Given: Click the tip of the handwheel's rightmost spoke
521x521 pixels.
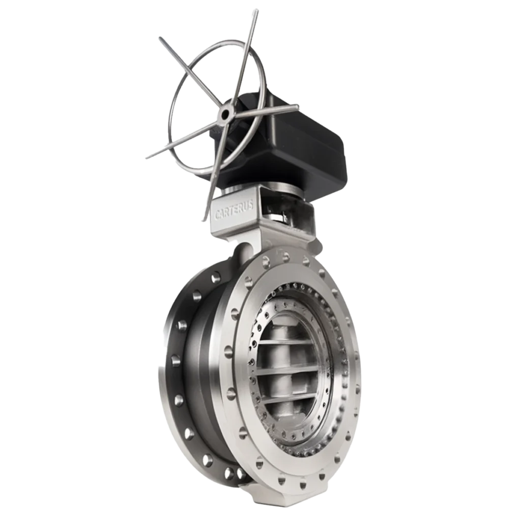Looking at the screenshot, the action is pyautogui.click(x=297, y=106).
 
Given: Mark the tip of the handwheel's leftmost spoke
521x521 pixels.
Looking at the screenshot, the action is pyautogui.click(x=147, y=158).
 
